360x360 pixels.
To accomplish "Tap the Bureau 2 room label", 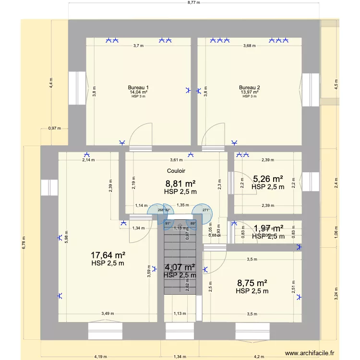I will pos(250,87).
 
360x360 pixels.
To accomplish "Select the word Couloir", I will pos(176,171).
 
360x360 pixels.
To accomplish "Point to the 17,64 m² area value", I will pos(108,255).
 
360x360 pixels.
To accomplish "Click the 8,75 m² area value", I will pos(252,283).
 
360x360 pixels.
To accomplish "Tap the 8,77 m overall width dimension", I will pos(193,3).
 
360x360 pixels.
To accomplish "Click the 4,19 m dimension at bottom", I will pos(100,356).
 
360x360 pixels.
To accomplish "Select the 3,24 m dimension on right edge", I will pos(336,293).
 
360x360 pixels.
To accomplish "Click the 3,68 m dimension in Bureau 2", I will pos(250,46).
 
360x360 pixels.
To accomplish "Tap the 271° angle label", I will pos(206,210).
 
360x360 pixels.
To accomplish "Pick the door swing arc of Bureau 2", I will pos(214,132).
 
